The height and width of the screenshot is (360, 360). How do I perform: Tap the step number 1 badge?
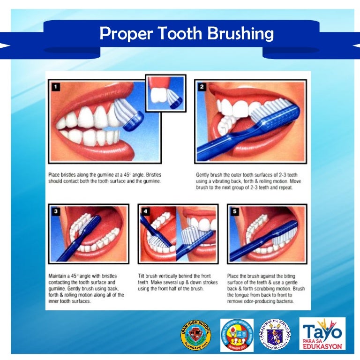(56, 86)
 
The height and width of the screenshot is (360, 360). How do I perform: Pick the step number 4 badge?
(145, 211)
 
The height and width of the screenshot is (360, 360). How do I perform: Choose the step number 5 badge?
(235, 211)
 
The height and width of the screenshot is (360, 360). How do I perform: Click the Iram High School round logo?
(195, 335)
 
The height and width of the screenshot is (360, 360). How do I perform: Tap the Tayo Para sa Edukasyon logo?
(322, 334)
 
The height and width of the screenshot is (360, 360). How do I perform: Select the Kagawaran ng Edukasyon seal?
(276, 335)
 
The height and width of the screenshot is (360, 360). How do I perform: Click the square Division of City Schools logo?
(237, 335)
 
